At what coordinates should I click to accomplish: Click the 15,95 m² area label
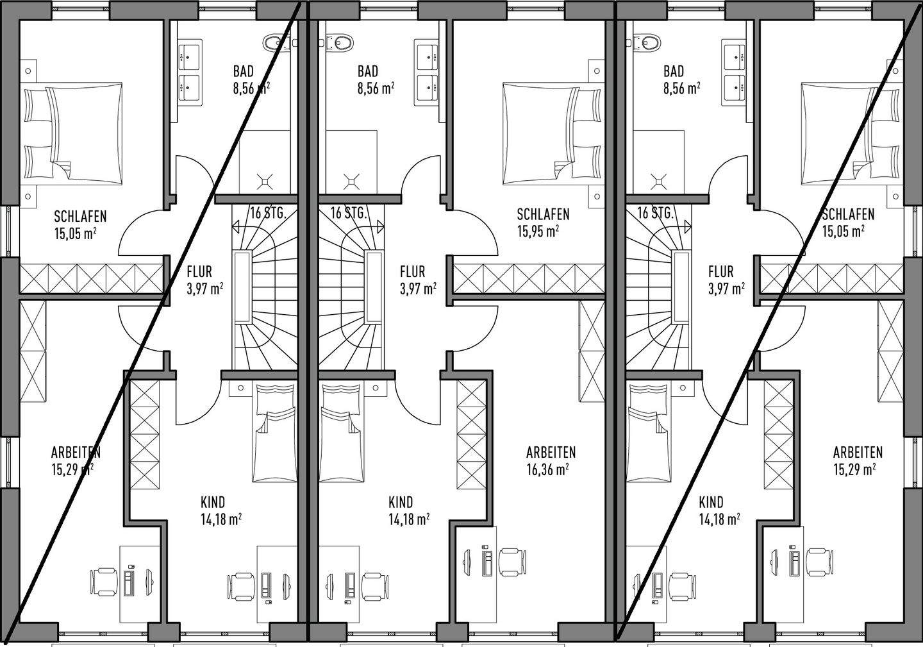[538, 231]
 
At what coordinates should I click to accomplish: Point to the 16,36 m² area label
[548, 469]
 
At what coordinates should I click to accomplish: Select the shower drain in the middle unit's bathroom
[351, 181]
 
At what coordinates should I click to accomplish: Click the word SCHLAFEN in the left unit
[80, 216]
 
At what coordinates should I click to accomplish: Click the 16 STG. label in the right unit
[655, 213]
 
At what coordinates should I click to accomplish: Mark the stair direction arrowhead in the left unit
[236, 226]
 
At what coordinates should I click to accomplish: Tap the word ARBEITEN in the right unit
[858, 453]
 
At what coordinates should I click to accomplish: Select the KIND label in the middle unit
[401, 502]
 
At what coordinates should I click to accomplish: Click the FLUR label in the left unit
[199, 272]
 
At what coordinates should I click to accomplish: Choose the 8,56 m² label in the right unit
[682, 88]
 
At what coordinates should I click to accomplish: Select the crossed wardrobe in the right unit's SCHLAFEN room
[832, 278]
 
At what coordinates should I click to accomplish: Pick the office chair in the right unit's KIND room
[683, 587]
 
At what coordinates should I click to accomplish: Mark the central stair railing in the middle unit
[374, 287]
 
